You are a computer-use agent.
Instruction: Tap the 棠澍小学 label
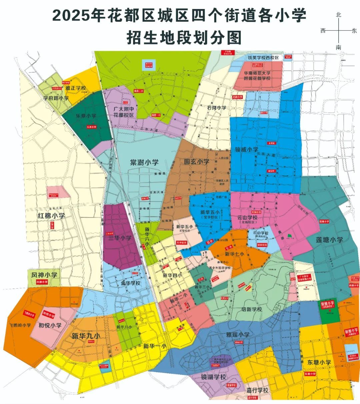pos(144,163)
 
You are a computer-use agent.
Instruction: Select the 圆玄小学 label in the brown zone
pos(197,162)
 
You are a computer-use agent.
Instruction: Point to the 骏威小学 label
pos(246,149)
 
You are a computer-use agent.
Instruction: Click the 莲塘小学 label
pos(329,240)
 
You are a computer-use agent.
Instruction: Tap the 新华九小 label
pos(86,336)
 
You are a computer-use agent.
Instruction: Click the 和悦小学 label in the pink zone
pos(50,325)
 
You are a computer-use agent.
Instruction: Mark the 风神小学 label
pos(44,276)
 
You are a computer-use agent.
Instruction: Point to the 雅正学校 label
pos(76,88)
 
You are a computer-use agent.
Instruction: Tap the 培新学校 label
pos(252,309)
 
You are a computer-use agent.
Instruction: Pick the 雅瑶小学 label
pos(238,335)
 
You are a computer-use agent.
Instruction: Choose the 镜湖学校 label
pos(213,377)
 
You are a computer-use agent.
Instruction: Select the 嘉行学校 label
pos(257,390)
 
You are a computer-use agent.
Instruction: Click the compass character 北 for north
pos(339,15)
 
